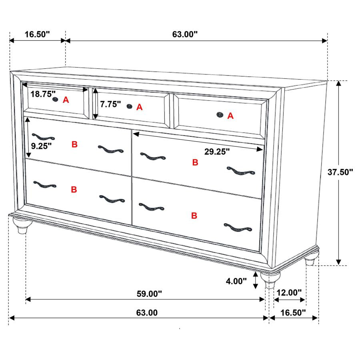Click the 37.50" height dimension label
[x=340, y=172]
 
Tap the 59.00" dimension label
[x=149, y=294]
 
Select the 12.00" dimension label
[x=289, y=293]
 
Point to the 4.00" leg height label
[x=236, y=281]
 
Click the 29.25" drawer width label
[x=217, y=152]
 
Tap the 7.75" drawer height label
[x=110, y=104]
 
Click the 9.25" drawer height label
[x=42, y=146]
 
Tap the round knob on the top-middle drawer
[x=129, y=106]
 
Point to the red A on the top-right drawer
[x=230, y=116]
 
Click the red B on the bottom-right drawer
[x=194, y=216]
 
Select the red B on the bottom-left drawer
[x=74, y=190]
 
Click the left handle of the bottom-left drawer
[x=45, y=184]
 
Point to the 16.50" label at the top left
[x=37, y=34]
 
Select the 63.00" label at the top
[x=185, y=34]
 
